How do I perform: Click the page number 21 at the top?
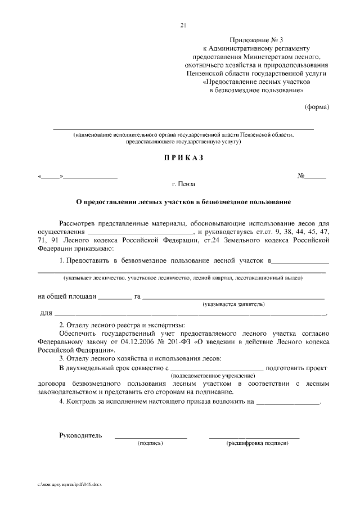click(183, 25)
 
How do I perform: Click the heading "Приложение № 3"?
click(253, 40)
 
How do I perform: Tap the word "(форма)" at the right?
click(317, 107)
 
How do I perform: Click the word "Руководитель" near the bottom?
click(80, 435)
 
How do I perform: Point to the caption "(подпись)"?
click(150, 444)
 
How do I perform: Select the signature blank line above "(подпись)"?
click(150, 436)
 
